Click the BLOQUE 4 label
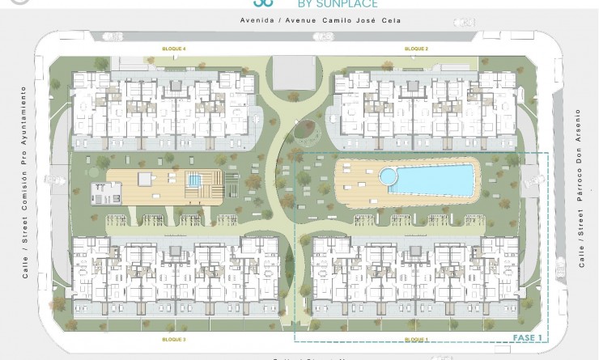coord(174,49)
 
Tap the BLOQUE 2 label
coord(416,49)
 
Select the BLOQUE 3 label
coord(174,339)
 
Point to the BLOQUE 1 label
coord(416,339)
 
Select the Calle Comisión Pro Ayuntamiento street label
coord(24,180)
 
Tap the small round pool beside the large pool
coord(389,176)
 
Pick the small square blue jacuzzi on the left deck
coord(194,180)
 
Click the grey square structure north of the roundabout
coord(293,73)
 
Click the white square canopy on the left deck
coord(145,179)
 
